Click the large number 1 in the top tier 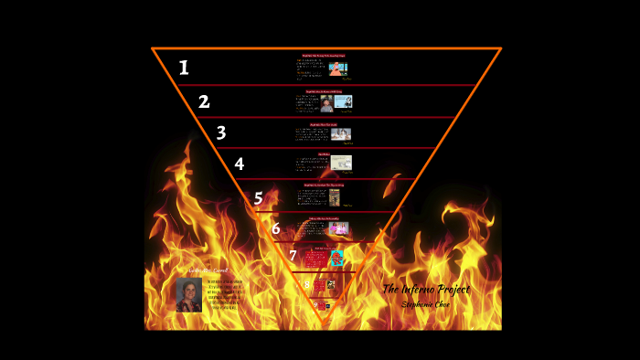point(184,68)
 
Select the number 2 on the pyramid point(204,101)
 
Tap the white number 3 point(221,132)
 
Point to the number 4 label point(240,164)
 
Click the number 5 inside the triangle point(259,198)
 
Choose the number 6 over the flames point(275,228)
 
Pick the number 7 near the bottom point(293,256)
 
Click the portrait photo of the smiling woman point(189,294)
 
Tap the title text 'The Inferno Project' point(426,290)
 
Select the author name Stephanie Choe point(427,304)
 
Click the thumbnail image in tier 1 point(336,69)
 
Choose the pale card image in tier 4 point(342,164)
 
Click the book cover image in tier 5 point(335,196)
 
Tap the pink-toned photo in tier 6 point(339,228)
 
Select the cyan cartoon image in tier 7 point(336,258)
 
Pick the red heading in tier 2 point(324,91)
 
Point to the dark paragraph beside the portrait point(224,294)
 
